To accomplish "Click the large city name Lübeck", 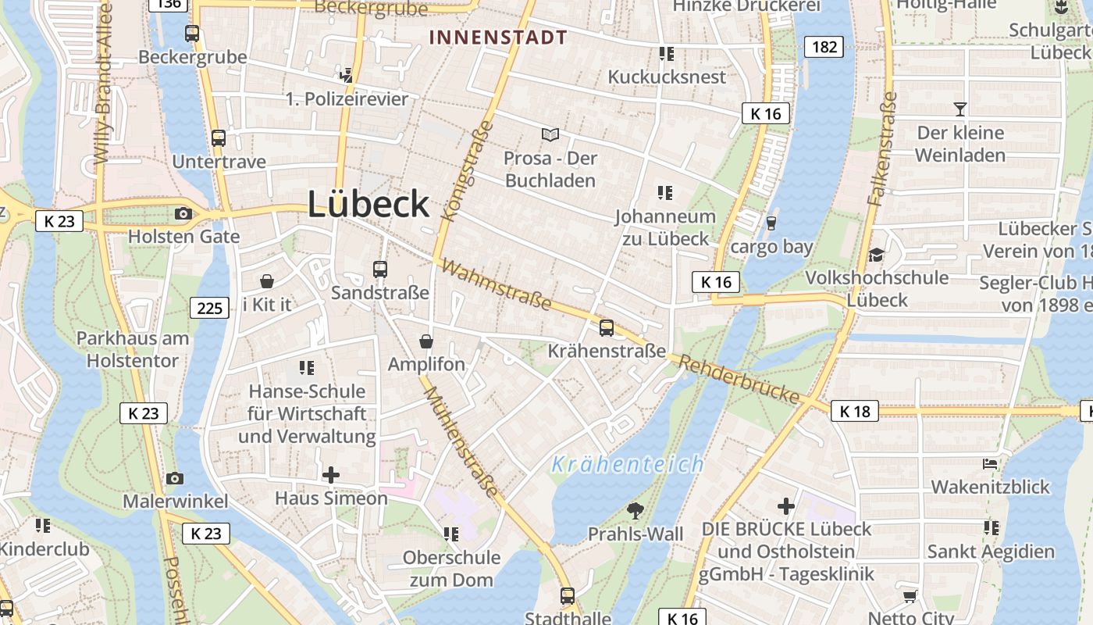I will [x=368, y=204].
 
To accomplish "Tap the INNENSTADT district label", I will [x=498, y=37].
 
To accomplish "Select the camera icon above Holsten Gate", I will [x=183, y=213].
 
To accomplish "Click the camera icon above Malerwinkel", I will [x=175, y=478].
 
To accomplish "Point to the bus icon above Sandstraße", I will [x=380, y=270].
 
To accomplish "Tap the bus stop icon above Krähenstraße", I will [x=607, y=328].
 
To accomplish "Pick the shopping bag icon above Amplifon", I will [x=426, y=341].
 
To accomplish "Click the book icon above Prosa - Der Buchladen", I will [x=550, y=135].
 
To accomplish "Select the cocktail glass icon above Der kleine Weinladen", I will [x=960, y=109].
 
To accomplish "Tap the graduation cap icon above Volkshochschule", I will [x=877, y=255].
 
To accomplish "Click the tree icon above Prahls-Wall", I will [x=636, y=511].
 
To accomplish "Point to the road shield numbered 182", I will [x=824, y=47].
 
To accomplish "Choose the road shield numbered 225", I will [x=210, y=308].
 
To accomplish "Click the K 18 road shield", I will [x=854, y=411].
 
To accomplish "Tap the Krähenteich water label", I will [x=628, y=465].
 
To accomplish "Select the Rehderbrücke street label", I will [x=739, y=380].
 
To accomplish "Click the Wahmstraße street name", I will [x=496, y=284].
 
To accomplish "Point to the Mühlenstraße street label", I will [x=461, y=441].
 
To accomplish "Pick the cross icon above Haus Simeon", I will [x=331, y=474].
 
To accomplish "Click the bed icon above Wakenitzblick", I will [x=990, y=463].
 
